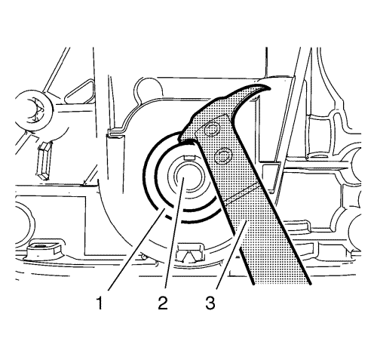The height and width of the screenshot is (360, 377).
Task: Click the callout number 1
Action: [100, 303]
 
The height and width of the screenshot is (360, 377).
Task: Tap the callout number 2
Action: [163, 303]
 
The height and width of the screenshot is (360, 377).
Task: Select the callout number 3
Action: [210, 303]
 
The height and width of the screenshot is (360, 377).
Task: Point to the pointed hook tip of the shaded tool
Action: [270, 88]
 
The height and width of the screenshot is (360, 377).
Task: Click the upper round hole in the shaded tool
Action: [212, 130]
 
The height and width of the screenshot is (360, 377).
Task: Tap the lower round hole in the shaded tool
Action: [222, 156]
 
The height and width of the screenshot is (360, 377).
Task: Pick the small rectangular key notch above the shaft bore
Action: [190, 158]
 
